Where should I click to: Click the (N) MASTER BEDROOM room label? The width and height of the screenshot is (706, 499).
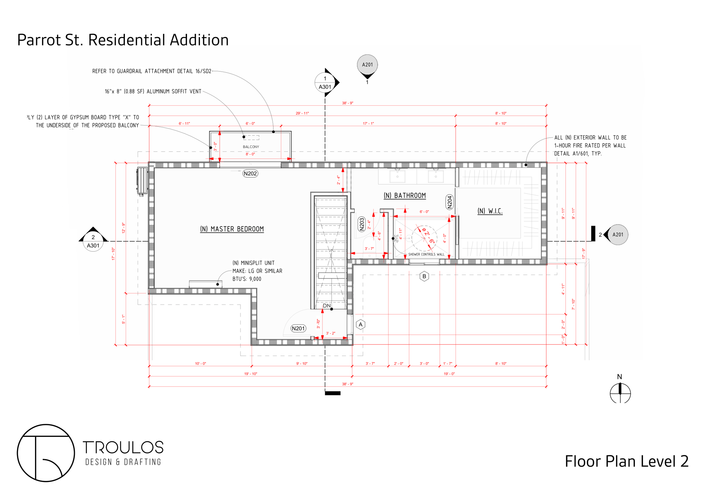click(232, 229)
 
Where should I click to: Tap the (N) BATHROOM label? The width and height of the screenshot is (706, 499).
click(405, 196)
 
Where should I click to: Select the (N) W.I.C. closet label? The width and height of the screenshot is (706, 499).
click(490, 211)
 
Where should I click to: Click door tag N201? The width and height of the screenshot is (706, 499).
click(298, 329)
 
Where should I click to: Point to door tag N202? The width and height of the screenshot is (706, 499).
click(250, 174)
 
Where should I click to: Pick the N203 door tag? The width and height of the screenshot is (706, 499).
click(361, 224)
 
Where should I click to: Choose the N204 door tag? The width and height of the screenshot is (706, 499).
click(450, 202)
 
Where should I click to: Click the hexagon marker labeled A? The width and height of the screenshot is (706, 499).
click(361, 325)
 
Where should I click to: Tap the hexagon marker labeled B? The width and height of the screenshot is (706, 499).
click(424, 276)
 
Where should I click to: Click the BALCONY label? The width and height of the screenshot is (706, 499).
click(251, 147)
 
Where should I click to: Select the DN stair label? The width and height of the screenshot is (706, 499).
click(326, 306)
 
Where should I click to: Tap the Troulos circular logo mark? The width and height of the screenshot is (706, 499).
click(46, 453)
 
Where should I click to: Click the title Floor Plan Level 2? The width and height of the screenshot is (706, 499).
click(627, 461)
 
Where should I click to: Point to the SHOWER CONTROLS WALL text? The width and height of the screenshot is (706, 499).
click(426, 254)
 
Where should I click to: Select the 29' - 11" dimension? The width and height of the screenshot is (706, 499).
click(302, 113)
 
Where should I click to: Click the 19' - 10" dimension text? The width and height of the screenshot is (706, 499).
click(250, 374)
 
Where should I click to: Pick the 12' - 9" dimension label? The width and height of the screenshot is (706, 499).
click(124, 228)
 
